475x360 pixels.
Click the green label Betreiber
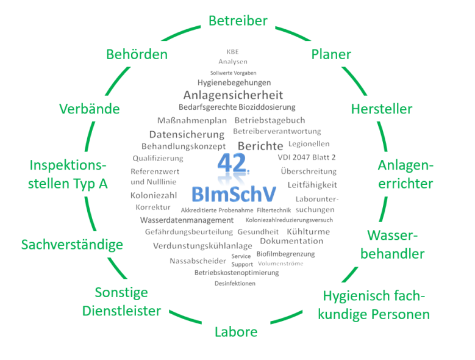point(238,21)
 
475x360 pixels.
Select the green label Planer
point(331,54)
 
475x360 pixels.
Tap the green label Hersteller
point(382,109)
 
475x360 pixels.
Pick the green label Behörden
point(137,54)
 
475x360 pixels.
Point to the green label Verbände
point(89,109)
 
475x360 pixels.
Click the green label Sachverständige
point(72,245)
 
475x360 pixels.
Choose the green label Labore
point(236,332)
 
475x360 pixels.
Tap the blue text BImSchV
point(234,195)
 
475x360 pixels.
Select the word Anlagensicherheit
point(233,95)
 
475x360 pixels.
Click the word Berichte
point(260,146)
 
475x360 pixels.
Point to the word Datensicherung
point(187,134)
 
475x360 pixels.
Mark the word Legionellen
point(309,144)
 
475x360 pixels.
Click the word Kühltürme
point(308,232)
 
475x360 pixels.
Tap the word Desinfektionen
point(235,284)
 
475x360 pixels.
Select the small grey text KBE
point(233,51)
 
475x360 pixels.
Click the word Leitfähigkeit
point(312,184)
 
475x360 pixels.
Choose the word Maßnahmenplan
point(191,120)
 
